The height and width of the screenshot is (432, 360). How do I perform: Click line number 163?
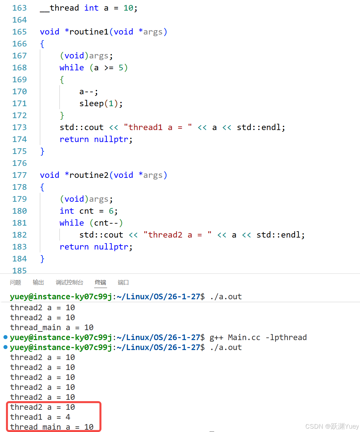[19, 8]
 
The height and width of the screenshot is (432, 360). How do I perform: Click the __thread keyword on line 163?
[60, 8]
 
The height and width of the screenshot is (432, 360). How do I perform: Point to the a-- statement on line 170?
[89, 92]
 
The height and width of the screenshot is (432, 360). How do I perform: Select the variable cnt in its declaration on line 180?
[87, 211]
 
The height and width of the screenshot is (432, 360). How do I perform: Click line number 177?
[19, 175]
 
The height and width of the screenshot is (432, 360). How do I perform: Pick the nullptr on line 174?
[111, 139]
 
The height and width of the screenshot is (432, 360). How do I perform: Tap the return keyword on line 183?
[74, 247]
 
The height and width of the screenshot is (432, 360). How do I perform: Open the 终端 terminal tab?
[100, 282]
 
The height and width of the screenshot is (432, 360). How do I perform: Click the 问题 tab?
[16, 282]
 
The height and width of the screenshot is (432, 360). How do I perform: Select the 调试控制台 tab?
[69, 282]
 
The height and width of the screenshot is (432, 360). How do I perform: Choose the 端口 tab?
[123, 282]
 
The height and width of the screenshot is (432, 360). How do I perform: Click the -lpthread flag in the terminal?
[286, 337]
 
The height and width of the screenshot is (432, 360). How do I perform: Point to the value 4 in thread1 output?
[68, 417]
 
